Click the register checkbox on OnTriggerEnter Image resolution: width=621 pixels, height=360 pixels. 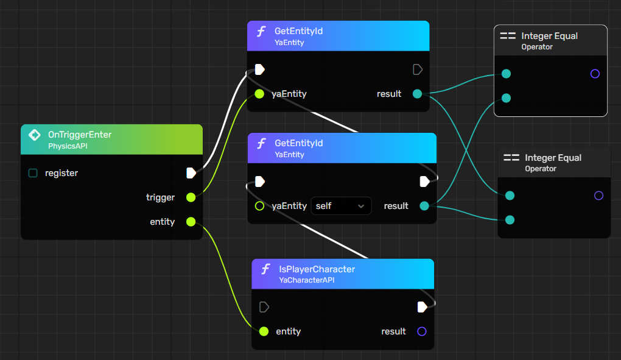(33, 173)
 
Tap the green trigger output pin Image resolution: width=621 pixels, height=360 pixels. (191, 197)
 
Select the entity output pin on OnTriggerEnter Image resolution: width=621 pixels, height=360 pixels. (191, 222)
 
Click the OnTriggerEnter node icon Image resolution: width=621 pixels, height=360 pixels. (35, 135)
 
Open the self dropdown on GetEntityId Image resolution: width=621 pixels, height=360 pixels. (341, 206)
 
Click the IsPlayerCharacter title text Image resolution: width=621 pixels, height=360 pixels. (317, 269)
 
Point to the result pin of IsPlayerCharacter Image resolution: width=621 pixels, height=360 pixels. (421, 331)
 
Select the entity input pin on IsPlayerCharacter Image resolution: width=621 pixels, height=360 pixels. (264, 331)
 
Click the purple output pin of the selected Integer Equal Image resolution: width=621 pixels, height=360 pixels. (595, 74)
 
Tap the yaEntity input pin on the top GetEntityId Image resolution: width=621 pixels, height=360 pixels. (259, 94)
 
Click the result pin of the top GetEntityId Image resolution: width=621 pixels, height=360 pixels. (417, 94)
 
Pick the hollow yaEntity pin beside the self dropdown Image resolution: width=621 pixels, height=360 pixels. (259, 206)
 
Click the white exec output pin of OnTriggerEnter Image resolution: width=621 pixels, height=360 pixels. (191, 173)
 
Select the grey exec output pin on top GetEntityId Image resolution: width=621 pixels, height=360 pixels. (418, 69)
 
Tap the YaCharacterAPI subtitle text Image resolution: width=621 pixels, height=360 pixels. (306, 280)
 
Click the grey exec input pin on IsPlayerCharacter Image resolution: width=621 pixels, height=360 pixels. (264, 307)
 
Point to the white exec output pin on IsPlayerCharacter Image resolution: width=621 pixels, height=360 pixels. (422, 307)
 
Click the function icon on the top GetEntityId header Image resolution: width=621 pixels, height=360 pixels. (261, 32)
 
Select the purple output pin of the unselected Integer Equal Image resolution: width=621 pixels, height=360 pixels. (598, 196)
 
